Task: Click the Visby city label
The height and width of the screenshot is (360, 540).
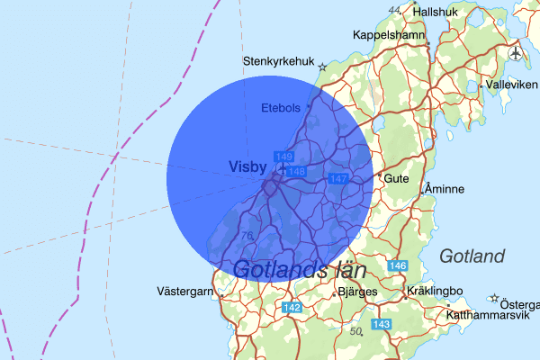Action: (x=248, y=166)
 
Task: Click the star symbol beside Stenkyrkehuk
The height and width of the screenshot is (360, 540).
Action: (x=322, y=66)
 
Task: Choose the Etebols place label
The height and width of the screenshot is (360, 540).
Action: (x=280, y=108)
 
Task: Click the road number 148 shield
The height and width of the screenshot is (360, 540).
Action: (x=296, y=171)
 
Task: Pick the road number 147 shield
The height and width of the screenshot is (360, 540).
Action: (x=338, y=180)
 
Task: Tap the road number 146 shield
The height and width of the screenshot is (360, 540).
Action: (x=399, y=266)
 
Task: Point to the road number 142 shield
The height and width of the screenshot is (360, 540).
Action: (x=292, y=308)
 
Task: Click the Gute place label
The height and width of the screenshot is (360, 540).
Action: (x=397, y=178)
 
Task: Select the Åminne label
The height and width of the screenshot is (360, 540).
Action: (x=444, y=190)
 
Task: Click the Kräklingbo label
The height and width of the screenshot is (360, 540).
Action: (x=434, y=292)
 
